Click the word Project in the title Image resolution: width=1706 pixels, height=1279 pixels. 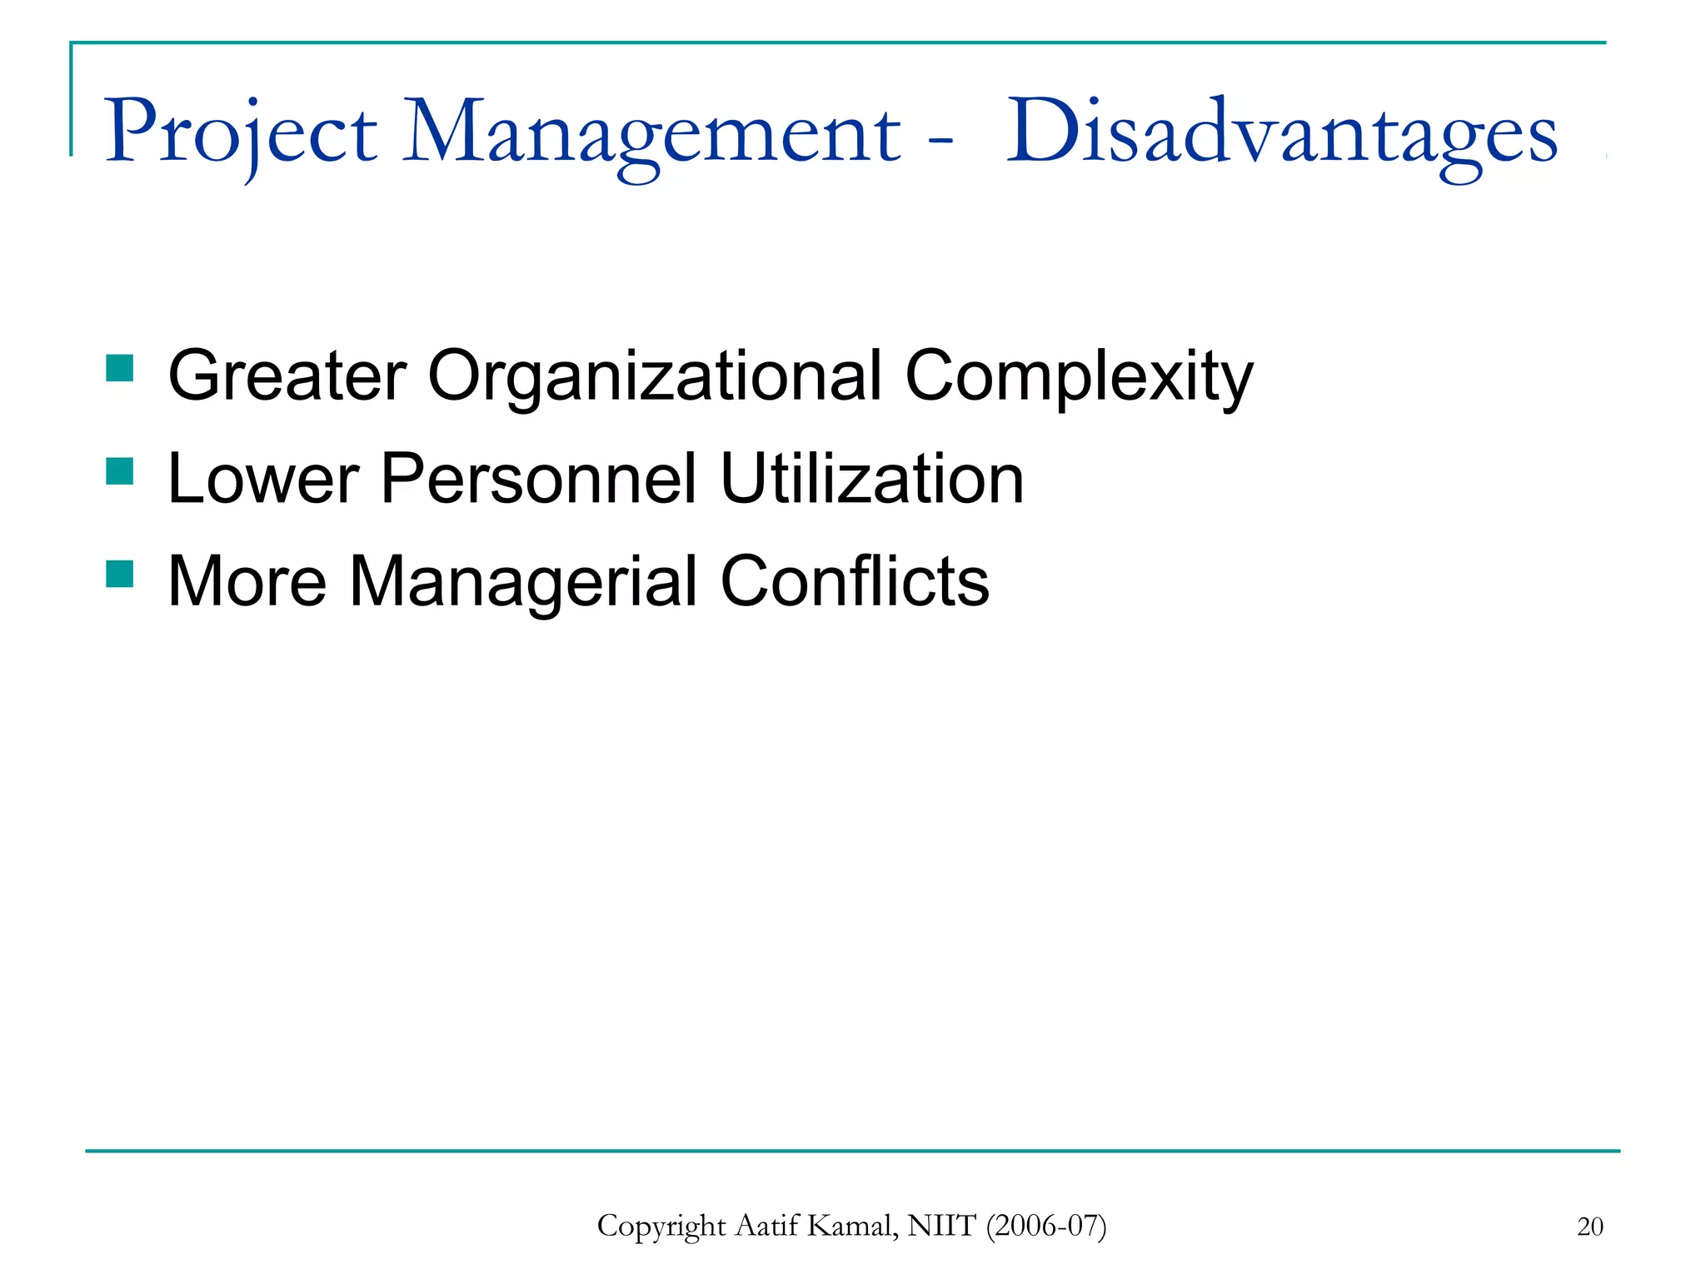pyautogui.click(x=241, y=133)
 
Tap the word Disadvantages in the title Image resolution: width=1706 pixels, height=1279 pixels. pyautogui.click(x=1281, y=133)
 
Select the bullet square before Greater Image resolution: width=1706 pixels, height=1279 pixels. pyautogui.click(x=120, y=368)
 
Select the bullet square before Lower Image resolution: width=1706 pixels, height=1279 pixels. pyautogui.click(x=120, y=471)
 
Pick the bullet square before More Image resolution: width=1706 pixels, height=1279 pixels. pyautogui.click(x=120, y=574)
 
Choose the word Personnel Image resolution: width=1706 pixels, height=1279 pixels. pyautogui.click(x=538, y=480)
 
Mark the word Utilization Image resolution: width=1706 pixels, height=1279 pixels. pyautogui.click(x=872, y=480)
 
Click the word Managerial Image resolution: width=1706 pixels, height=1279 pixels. pyautogui.click(x=523, y=582)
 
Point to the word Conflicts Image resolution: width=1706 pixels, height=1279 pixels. pyautogui.click(x=855, y=582)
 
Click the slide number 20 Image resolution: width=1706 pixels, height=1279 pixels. pyautogui.click(x=1589, y=1227)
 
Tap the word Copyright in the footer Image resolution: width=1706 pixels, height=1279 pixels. pyautogui.click(x=661, y=1227)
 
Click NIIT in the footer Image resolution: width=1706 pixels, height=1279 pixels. pyautogui.click(x=941, y=1227)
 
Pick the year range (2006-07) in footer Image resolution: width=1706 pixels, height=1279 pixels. pyautogui.click(x=1046, y=1227)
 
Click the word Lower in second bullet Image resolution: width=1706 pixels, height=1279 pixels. pyautogui.click(x=263, y=480)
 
